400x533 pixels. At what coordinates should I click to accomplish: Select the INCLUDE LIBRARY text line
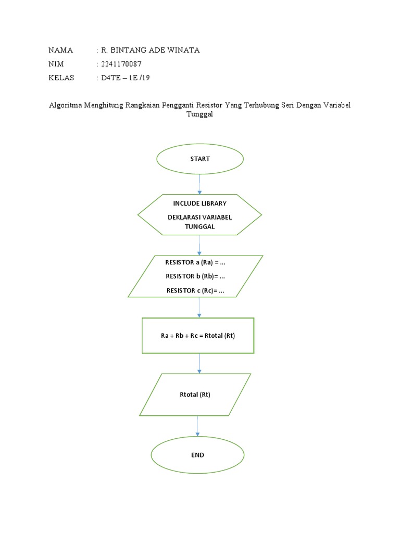pyautogui.click(x=199, y=204)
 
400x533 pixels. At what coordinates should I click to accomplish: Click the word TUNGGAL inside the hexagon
pyautogui.click(x=199, y=227)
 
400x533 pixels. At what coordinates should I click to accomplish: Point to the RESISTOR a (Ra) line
pyautogui.click(x=195, y=262)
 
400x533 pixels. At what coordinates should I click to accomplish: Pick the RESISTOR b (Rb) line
pyautogui.click(x=195, y=276)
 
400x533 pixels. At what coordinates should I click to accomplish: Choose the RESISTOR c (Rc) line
pyautogui.click(x=195, y=290)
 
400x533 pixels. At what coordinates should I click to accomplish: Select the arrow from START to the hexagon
pyautogui.click(x=199, y=184)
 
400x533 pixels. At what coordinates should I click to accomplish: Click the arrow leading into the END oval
pyautogui.click(x=197, y=426)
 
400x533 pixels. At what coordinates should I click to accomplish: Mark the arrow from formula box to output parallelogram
pyautogui.click(x=199, y=363)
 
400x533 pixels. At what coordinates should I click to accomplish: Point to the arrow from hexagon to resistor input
pyautogui.click(x=199, y=245)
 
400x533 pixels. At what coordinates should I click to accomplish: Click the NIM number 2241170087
pyautogui.click(x=121, y=64)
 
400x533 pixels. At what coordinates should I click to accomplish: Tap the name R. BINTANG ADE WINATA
pyautogui.click(x=151, y=50)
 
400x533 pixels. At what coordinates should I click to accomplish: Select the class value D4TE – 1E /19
pyautogui.click(x=125, y=78)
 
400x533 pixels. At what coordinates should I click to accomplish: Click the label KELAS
pyautogui.click(x=61, y=78)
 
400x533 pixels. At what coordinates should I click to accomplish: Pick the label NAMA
pyautogui.click(x=60, y=50)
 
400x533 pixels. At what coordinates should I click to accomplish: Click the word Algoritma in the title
pyautogui.click(x=65, y=105)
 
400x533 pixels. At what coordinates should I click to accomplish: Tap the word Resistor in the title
pyautogui.click(x=209, y=105)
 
